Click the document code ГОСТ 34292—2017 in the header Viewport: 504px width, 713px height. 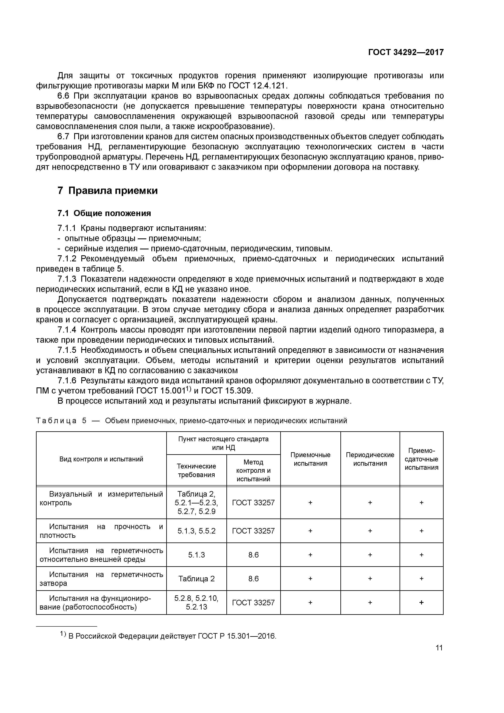(x=406, y=52)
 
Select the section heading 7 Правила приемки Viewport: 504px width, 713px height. (x=108, y=190)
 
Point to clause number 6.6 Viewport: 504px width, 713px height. (x=64, y=96)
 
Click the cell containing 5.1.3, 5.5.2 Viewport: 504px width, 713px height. (x=196, y=531)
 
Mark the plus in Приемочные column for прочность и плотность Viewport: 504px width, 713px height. (x=310, y=531)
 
